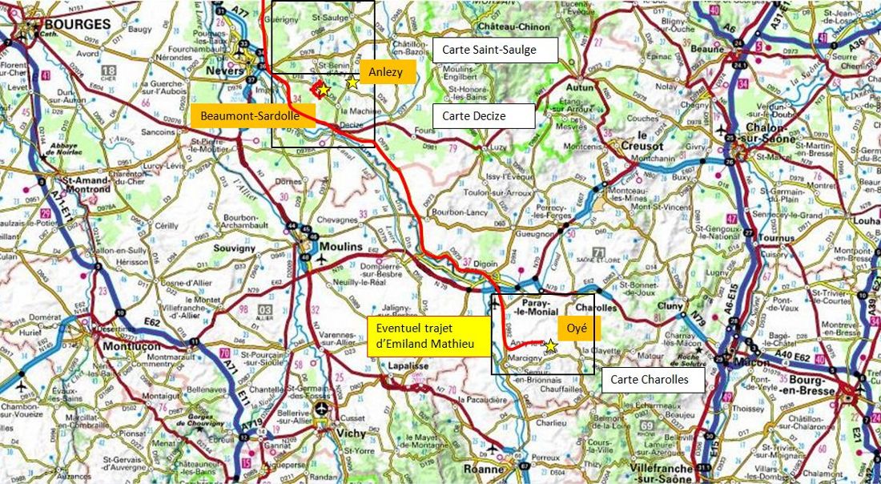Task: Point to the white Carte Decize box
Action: pos(483,115)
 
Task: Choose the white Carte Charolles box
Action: pos(653,380)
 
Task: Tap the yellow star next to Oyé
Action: pos(550,345)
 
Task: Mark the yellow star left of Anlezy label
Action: pos(352,82)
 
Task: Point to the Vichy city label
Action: pos(352,433)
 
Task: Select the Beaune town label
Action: pos(707,48)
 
